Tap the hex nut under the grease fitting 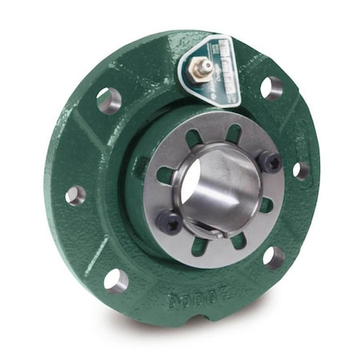[x=197, y=74]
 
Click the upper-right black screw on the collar [x=270, y=162]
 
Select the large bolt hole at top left [x=109, y=100]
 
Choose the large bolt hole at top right [x=272, y=87]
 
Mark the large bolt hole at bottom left [x=116, y=280]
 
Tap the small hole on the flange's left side [x=76, y=194]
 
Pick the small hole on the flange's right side [x=301, y=170]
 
